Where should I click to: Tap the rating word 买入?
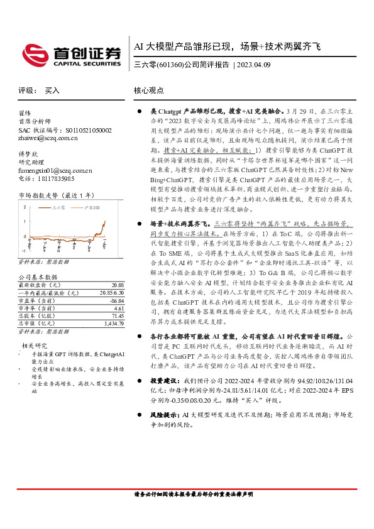pyautogui.click(x=52, y=90)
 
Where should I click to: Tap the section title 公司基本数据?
pyautogui.click(x=38, y=276)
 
